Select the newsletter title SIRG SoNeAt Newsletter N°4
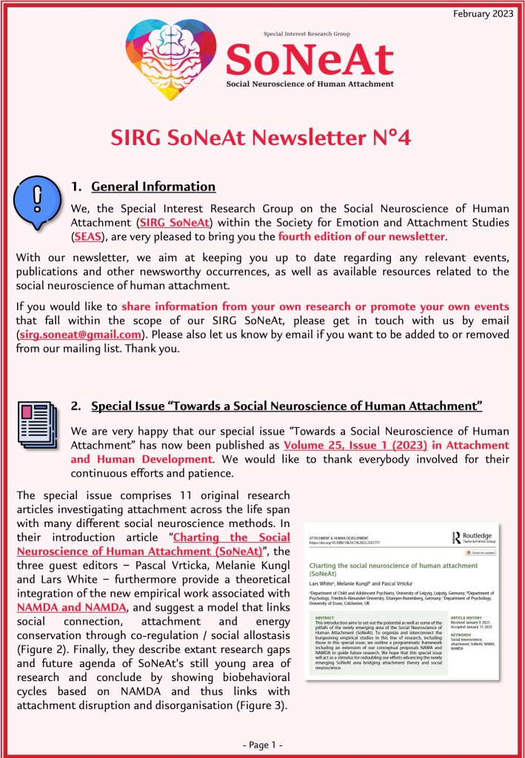[x=261, y=138]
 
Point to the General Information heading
[x=153, y=187]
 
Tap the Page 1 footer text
[x=262, y=742]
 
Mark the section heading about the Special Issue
[x=287, y=406]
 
